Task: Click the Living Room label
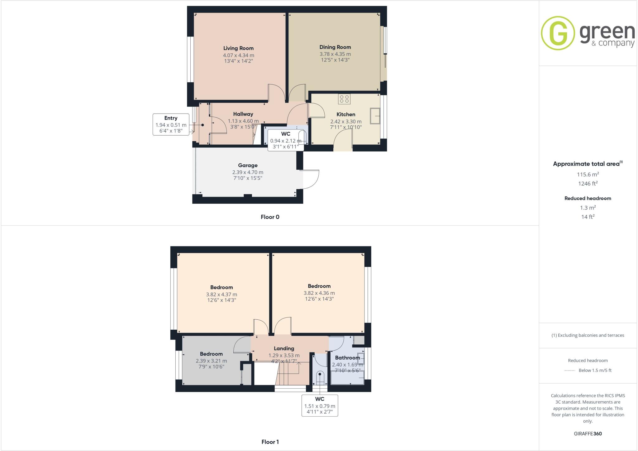(238, 48)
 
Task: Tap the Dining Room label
(335, 47)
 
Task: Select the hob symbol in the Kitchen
(344, 99)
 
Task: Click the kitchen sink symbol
(375, 116)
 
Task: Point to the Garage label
(248, 165)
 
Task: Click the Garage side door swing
(311, 180)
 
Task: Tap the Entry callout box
(171, 124)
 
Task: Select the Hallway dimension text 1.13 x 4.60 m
(243, 121)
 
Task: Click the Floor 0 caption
(270, 217)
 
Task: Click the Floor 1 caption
(270, 442)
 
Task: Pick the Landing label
(284, 348)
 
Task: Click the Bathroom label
(347, 358)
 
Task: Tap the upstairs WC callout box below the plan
(320, 405)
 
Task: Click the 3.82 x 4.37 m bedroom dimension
(221, 294)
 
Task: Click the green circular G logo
(558, 33)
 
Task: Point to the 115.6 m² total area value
(588, 175)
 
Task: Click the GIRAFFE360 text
(588, 434)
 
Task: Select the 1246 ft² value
(588, 184)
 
